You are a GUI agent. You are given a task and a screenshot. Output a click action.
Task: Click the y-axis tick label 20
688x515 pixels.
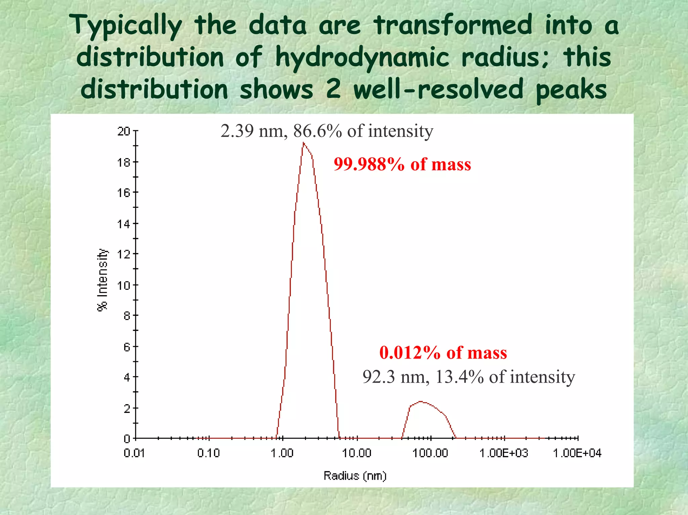[x=124, y=131]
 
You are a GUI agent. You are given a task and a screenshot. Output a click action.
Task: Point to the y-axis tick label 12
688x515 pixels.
[x=124, y=254]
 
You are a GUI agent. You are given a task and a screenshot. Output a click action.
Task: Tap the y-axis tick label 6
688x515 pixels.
[x=127, y=347]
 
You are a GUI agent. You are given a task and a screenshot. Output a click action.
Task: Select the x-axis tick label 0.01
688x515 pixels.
[x=134, y=453]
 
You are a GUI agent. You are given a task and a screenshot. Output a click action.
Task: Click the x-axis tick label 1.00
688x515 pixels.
[x=282, y=453]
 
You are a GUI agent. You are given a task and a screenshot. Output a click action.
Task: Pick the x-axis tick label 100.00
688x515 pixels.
[x=430, y=453]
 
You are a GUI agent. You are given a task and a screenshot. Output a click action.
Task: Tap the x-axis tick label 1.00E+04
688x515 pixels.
[x=577, y=453]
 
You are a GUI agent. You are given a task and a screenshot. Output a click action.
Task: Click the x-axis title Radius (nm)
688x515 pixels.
[x=355, y=476]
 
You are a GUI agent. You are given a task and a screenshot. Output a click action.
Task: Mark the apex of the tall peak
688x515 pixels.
[x=303, y=143]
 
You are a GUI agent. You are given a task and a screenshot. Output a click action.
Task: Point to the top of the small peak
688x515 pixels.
[x=420, y=402]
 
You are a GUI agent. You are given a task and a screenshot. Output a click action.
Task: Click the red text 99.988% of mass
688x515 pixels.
[x=402, y=165]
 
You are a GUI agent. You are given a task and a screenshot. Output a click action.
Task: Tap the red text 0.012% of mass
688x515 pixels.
[x=443, y=353]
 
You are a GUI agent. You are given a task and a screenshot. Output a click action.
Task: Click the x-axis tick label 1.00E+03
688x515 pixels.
[x=504, y=453]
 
